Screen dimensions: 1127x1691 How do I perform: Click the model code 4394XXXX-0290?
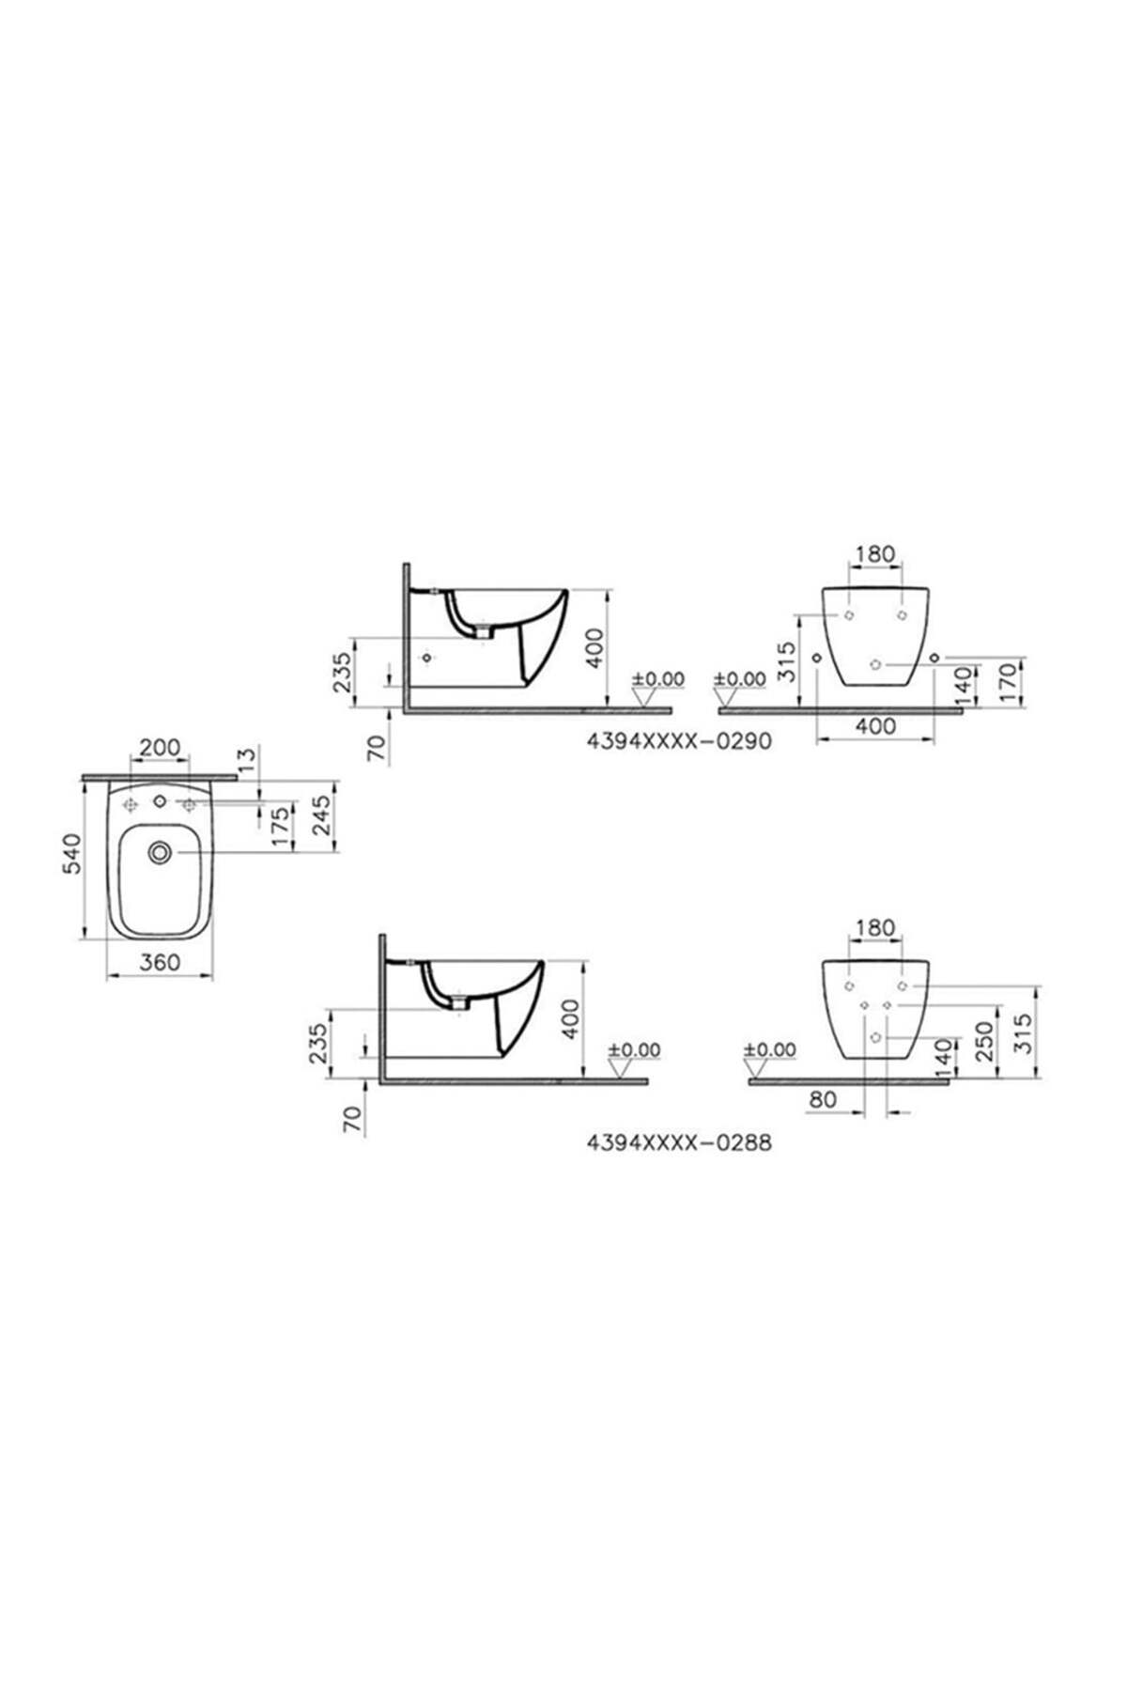(679, 741)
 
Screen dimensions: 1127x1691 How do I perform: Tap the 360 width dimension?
(160, 961)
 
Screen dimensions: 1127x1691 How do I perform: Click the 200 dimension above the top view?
(160, 748)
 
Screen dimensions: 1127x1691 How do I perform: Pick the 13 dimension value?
(248, 761)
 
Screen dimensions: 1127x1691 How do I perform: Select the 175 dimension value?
(280, 828)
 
